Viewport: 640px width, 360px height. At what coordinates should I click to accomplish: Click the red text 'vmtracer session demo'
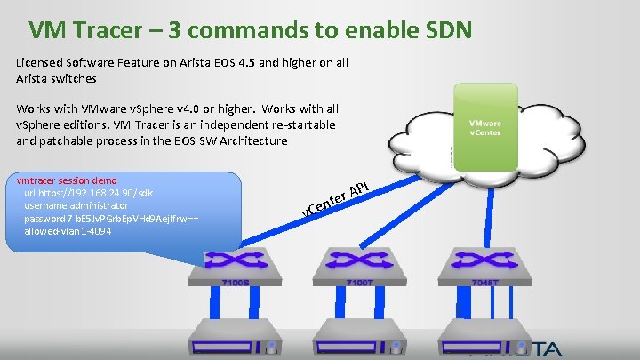[67, 180]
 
